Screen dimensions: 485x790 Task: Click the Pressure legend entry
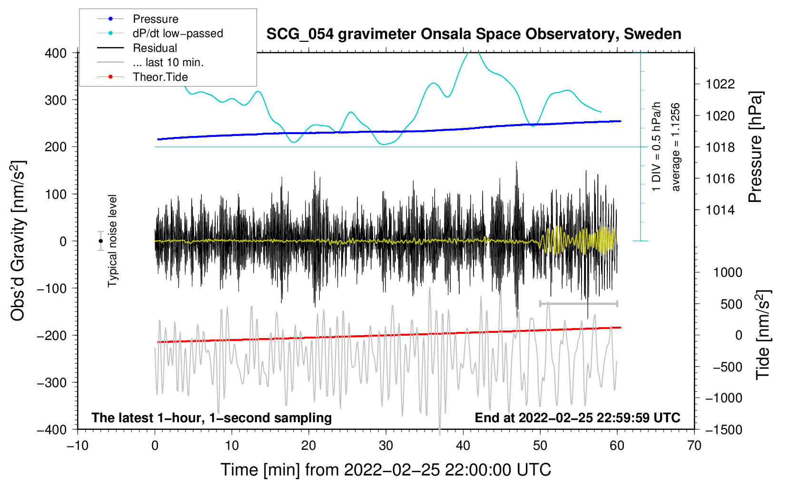point(155,19)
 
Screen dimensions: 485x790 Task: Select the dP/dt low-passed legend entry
point(178,33)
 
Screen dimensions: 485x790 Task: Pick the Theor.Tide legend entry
point(160,77)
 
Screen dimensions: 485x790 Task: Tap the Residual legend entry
point(155,48)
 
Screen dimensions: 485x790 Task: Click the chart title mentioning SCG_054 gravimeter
point(474,34)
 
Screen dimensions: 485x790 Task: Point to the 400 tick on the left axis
point(56,53)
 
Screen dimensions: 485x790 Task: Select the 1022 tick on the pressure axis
point(720,84)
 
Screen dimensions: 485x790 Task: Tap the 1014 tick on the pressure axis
point(720,210)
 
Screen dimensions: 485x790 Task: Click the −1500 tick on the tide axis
point(723,429)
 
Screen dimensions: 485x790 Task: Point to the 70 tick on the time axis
point(694,446)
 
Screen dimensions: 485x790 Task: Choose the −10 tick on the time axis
point(78,446)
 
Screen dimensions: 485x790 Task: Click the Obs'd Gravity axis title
point(18,241)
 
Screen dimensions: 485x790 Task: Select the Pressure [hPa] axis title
point(755,147)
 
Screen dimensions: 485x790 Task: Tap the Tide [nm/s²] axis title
point(763,334)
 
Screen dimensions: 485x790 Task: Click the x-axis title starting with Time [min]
point(385,470)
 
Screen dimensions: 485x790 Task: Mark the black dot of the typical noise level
point(101,241)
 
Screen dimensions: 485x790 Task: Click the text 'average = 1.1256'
point(676,147)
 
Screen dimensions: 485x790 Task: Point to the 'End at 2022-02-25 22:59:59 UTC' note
point(577,418)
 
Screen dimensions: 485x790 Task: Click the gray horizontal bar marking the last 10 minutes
point(578,303)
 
